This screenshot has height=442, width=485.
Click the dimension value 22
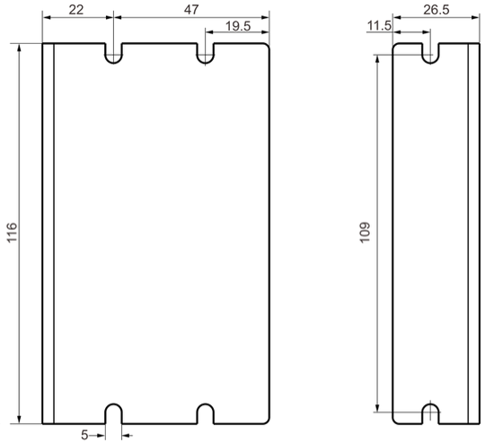(76, 10)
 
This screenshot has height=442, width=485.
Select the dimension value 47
(191, 10)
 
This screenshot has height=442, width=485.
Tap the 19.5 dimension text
(238, 26)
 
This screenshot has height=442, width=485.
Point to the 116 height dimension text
(12, 233)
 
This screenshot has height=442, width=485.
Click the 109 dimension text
(365, 233)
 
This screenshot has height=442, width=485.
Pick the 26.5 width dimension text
(436, 10)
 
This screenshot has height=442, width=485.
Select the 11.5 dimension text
(379, 26)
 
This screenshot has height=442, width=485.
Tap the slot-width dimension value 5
(84, 435)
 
